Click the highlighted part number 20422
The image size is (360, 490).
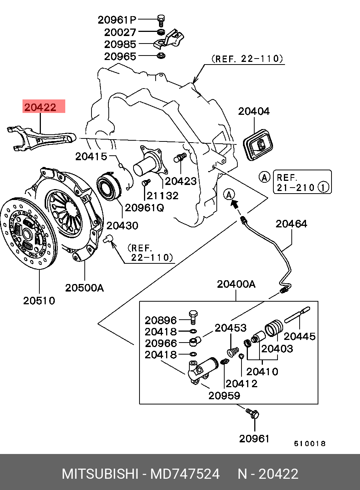pos(40,107)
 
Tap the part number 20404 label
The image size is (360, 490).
pos(254,111)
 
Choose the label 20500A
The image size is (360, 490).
pos(84,288)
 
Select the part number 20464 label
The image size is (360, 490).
pos(291,224)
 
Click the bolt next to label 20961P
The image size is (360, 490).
pos(161,19)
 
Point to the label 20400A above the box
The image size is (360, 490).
pos(236,284)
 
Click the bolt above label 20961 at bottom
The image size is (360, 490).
pos(253,414)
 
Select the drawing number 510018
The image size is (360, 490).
pos(310,443)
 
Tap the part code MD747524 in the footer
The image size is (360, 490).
pos(185,474)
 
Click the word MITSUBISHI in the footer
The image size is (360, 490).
pos(100,474)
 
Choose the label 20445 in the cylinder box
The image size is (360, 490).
pos(300,336)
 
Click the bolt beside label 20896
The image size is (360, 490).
pos(193,317)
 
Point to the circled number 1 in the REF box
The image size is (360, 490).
pos(324,187)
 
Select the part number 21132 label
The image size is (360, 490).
pos(162,195)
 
